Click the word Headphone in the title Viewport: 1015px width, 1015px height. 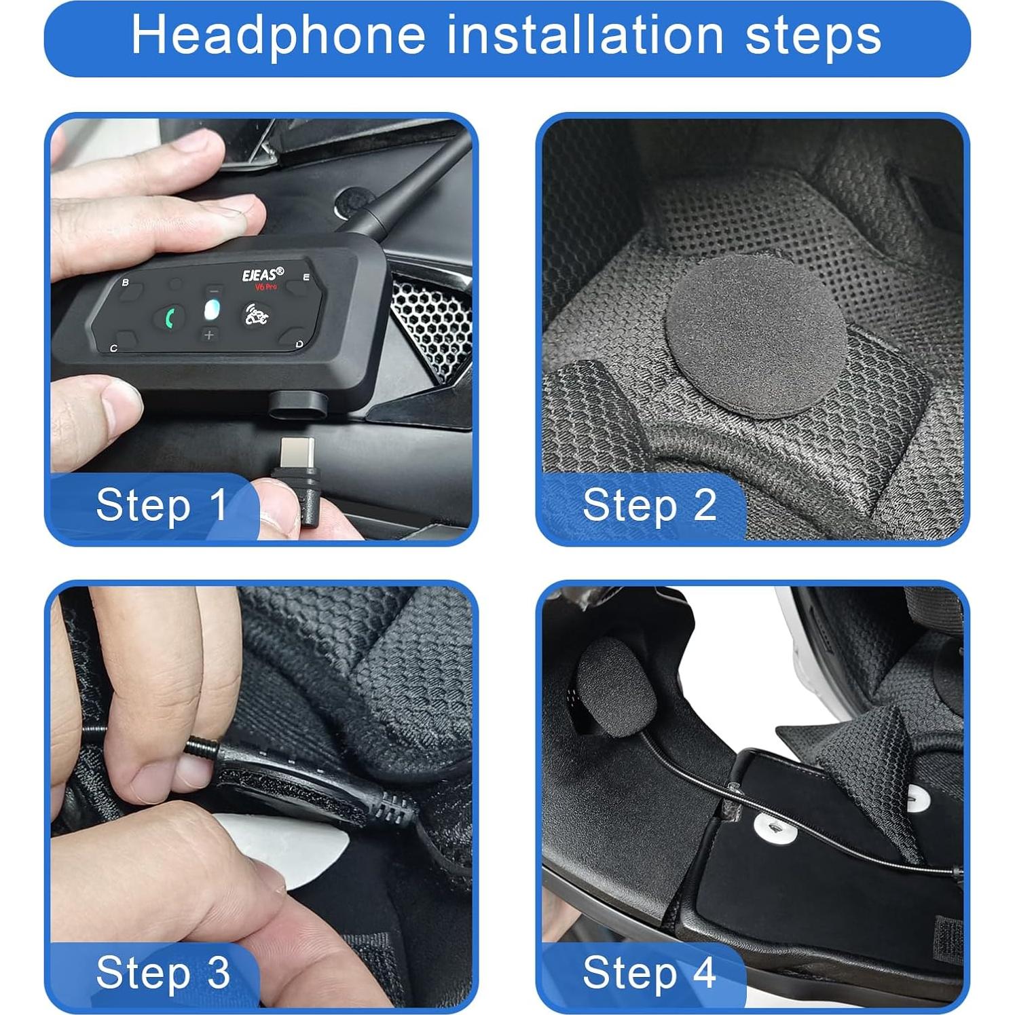tap(278, 35)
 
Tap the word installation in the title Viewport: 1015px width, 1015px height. tap(585, 35)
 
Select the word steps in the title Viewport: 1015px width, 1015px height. tap(813, 37)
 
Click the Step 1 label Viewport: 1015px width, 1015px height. tap(162, 506)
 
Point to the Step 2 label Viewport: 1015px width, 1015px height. tap(649, 506)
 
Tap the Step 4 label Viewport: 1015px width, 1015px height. tap(649, 973)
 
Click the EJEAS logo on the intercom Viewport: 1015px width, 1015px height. tap(263, 275)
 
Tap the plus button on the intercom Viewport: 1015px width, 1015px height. tap(209, 335)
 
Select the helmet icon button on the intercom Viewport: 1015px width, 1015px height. tap(257, 315)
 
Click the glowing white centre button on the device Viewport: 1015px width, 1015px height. tap(212, 311)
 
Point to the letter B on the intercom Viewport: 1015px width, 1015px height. tap(125, 282)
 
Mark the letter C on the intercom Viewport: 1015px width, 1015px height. tap(113, 348)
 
